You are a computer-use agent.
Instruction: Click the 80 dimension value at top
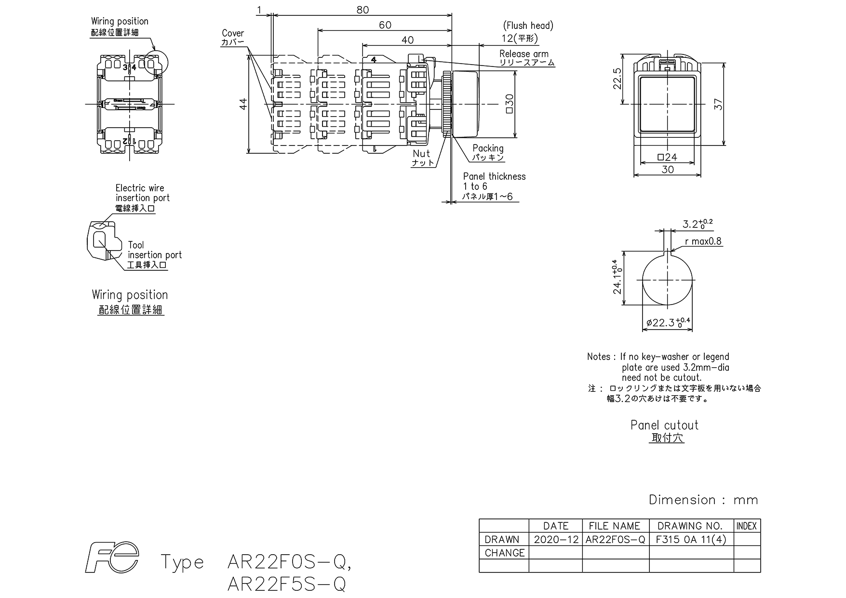click(x=363, y=10)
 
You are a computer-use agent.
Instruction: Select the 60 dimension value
click(x=385, y=25)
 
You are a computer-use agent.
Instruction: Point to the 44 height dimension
click(x=243, y=104)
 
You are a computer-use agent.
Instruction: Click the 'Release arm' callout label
click(x=524, y=54)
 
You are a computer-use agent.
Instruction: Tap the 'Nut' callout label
click(x=421, y=154)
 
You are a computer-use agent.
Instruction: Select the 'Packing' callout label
click(x=488, y=148)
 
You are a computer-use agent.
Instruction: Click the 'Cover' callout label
click(x=233, y=33)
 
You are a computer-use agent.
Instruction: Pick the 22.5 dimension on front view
click(x=618, y=79)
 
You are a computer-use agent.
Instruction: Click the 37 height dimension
click(x=719, y=104)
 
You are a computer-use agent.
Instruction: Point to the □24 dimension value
click(x=667, y=157)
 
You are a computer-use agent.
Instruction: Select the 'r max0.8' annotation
click(x=703, y=241)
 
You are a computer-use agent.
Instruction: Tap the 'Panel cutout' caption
click(x=664, y=425)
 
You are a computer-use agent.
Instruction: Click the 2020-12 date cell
click(x=556, y=540)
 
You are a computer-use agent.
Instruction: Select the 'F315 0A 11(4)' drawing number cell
click(x=691, y=540)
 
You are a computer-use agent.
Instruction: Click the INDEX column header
click(x=747, y=526)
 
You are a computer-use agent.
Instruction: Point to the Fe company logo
click(x=112, y=558)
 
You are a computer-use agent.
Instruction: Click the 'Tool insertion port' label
click(x=155, y=250)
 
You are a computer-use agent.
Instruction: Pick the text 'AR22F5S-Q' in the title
click(x=286, y=584)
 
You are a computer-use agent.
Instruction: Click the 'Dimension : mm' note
click(x=703, y=500)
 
